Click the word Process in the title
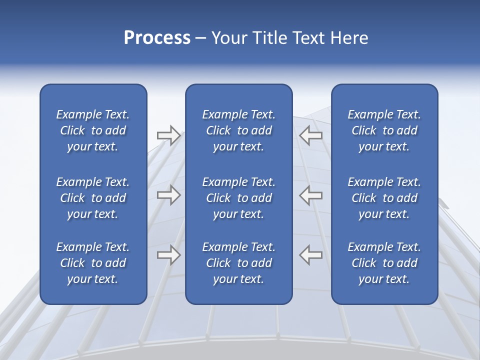[157, 38]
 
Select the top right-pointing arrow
[168, 135]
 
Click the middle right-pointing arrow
[168, 195]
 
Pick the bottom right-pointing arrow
[168, 255]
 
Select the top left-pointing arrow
[310, 135]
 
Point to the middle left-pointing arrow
[310, 195]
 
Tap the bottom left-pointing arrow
[310, 255]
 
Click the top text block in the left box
[93, 130]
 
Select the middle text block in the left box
[93, 198]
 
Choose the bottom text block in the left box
[93, 263]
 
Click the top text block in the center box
[238, 130]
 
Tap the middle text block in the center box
[238, 198]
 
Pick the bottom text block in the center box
[238, 263]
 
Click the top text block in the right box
[384, 130]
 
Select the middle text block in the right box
[384, 198]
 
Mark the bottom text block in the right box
[384, 263]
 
